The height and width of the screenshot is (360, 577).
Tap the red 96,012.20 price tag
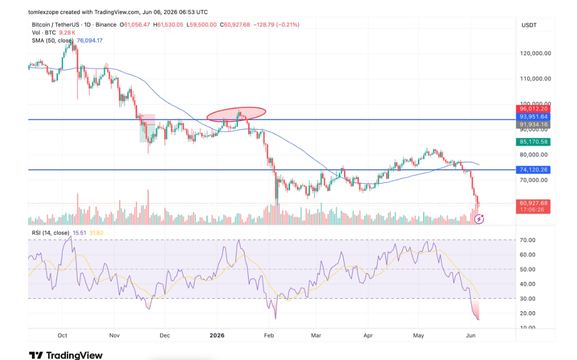533,108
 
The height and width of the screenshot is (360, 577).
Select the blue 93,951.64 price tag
533,117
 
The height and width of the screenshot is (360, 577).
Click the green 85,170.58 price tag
533,141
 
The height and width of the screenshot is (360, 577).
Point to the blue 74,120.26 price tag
533,170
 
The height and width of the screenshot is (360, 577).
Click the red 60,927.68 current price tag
533,203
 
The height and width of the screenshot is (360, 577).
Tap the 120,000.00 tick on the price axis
536,53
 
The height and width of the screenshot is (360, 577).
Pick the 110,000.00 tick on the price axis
536,79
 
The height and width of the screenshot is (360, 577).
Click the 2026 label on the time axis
217,335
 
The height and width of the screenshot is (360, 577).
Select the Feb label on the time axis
269,335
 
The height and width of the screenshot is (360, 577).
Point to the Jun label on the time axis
471,335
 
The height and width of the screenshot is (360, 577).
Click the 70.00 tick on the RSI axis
527,240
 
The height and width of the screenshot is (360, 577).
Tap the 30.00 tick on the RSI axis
527,299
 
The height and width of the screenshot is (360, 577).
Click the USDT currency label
529,25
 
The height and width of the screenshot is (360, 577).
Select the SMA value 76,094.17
90,40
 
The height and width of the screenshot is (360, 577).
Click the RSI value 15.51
80,233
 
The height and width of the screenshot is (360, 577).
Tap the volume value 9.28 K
67,32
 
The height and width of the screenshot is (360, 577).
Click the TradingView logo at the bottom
66,355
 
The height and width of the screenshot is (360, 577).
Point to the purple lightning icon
479,220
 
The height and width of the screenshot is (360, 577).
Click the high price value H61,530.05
168,25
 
